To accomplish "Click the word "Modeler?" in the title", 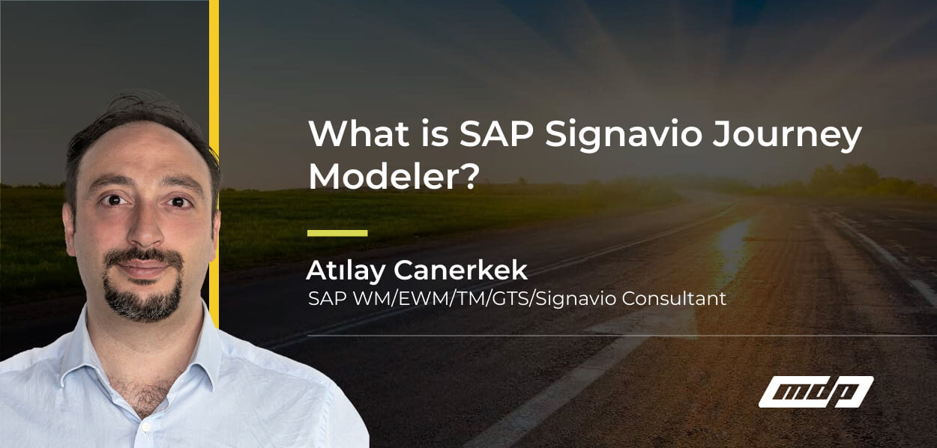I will pyautogui.click(x=393, y=178).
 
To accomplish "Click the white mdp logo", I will pyautogui.click(x=816, y=392).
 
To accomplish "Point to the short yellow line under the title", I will pyautogui.click(x=337, y=233).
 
